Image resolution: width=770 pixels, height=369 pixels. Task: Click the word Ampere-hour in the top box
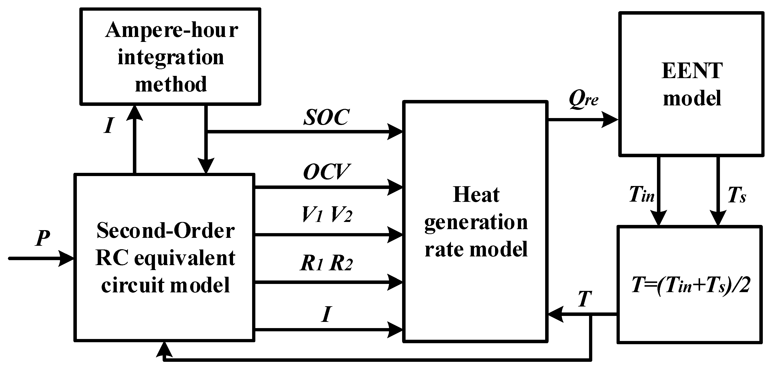click(x=172, y=31)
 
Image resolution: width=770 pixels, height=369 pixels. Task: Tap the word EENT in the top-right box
click(x=692, y=71)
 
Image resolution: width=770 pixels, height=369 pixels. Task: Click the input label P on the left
click(x=42, y=238)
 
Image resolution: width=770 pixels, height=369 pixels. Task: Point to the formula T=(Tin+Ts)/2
click(x=690, y=285)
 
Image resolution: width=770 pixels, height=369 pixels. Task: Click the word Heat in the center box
click(x=476, y=195)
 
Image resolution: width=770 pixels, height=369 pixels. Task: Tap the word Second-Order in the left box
click(x=166, y=231)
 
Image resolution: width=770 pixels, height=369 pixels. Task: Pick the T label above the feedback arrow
click(x=585, y=299)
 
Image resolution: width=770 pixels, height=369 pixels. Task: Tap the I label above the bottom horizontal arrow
click(x=326, y=315)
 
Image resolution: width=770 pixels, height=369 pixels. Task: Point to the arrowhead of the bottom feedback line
click(x=164, y=349)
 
